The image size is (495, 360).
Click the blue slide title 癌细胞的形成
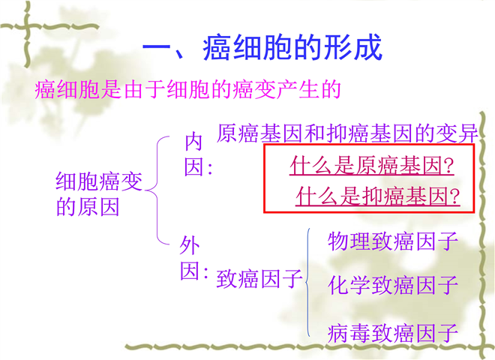(292, 48)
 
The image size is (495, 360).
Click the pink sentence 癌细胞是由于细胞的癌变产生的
(187, 90)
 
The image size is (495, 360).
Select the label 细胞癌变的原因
(99, 194)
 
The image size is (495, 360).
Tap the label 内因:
(198, 154)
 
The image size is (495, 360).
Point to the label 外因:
(193, 259)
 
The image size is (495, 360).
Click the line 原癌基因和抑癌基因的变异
(347, 133)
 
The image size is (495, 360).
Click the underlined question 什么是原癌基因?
(372, 166)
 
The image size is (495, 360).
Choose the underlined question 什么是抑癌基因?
(378, 196)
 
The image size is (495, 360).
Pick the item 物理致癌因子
(393, 241)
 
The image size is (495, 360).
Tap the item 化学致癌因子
(393, 285)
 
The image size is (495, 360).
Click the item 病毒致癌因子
(393, 333)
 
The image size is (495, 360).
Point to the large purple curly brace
(157, 190)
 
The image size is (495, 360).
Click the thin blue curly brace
(308, 283)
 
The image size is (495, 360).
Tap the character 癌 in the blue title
(216, 48)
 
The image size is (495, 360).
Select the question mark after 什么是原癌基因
(448, 166)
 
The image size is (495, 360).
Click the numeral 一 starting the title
(157, 47)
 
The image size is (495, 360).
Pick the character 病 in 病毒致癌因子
(338, 333)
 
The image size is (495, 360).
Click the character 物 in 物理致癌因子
(338, 241)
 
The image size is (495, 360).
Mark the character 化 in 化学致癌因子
(338, 285)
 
